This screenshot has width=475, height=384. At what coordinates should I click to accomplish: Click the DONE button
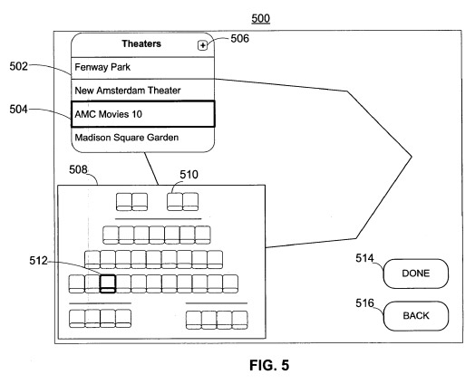point(415,274)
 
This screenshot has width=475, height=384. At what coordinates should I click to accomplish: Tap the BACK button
point(415,315)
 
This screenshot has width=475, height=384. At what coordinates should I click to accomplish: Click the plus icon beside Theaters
point(202,45)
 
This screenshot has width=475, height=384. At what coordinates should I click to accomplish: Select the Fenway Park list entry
point(142,68)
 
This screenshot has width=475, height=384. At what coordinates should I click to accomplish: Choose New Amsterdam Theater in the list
point(142,91)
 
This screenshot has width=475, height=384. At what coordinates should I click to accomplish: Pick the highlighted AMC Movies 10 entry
point(143,114)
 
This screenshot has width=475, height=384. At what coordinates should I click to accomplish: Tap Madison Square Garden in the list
point(142,138)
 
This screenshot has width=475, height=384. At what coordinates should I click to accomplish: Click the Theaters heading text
point(141,43)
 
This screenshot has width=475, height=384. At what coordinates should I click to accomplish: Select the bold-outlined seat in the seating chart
point(108,283)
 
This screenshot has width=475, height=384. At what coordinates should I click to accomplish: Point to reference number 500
point(260,18)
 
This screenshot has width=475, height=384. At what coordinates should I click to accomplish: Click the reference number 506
point(240,38)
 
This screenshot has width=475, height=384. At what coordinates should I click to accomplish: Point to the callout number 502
point(18,66)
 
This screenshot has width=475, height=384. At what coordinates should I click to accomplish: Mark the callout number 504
point(18,110)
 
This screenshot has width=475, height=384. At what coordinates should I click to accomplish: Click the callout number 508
point(78,169)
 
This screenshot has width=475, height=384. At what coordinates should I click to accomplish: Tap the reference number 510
point(189,175)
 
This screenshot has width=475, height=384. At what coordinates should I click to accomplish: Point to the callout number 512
point(38,261)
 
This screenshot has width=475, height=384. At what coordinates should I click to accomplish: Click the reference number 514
point(364,258)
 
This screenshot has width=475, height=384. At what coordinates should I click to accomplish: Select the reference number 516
point(364,302)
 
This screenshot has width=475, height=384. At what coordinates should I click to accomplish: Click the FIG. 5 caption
point(269,365)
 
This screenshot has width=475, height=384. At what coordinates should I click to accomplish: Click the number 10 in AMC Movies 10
point(137,114)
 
